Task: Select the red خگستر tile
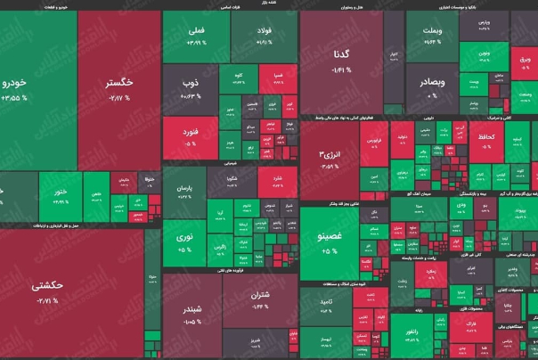120,89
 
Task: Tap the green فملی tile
194,39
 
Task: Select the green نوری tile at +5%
183,243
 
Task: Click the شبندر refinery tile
192,312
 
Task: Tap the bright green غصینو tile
330,243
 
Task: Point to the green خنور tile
60,195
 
